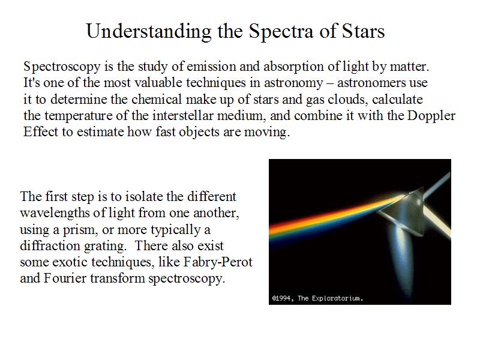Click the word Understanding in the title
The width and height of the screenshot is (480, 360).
click(x=149, y=32)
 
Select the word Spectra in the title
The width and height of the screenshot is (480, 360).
click(x=281, y=32)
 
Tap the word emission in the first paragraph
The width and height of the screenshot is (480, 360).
click(x=211, y=67)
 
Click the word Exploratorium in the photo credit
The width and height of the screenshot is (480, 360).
click(x=336, y=298)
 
